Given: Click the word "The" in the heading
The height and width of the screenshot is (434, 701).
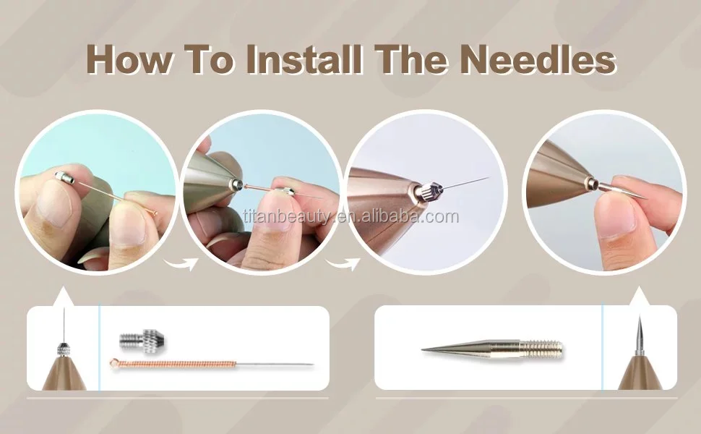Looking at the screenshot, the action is pyautogui.click(x=411, y=59).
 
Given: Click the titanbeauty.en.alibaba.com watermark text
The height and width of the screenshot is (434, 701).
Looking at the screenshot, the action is pyautogui.click(x=351, y=216).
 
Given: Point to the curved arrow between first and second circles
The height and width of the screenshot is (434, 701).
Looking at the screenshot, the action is pyautogui.click(x=181, y=263).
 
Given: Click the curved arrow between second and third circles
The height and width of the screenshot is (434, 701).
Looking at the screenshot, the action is pyautogui.click(x=343, y=263).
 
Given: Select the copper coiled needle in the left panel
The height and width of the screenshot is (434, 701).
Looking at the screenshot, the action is pyautogui.click(x=211, y=365).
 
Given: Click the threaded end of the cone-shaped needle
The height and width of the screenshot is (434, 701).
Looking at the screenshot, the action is pyautogui.click(x=544, y=348).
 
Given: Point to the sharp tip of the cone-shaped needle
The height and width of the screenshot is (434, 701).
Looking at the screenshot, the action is pyautogui.click(x=423, y=349).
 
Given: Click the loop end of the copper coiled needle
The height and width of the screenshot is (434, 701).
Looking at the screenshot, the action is pyautogui.click(x=114, y=363).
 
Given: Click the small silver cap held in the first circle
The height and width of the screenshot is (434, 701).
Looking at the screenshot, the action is pyautogui.click(x=65, y=178).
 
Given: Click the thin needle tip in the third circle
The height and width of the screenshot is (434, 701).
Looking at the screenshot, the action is pyautogui.click(x=489, y=178).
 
